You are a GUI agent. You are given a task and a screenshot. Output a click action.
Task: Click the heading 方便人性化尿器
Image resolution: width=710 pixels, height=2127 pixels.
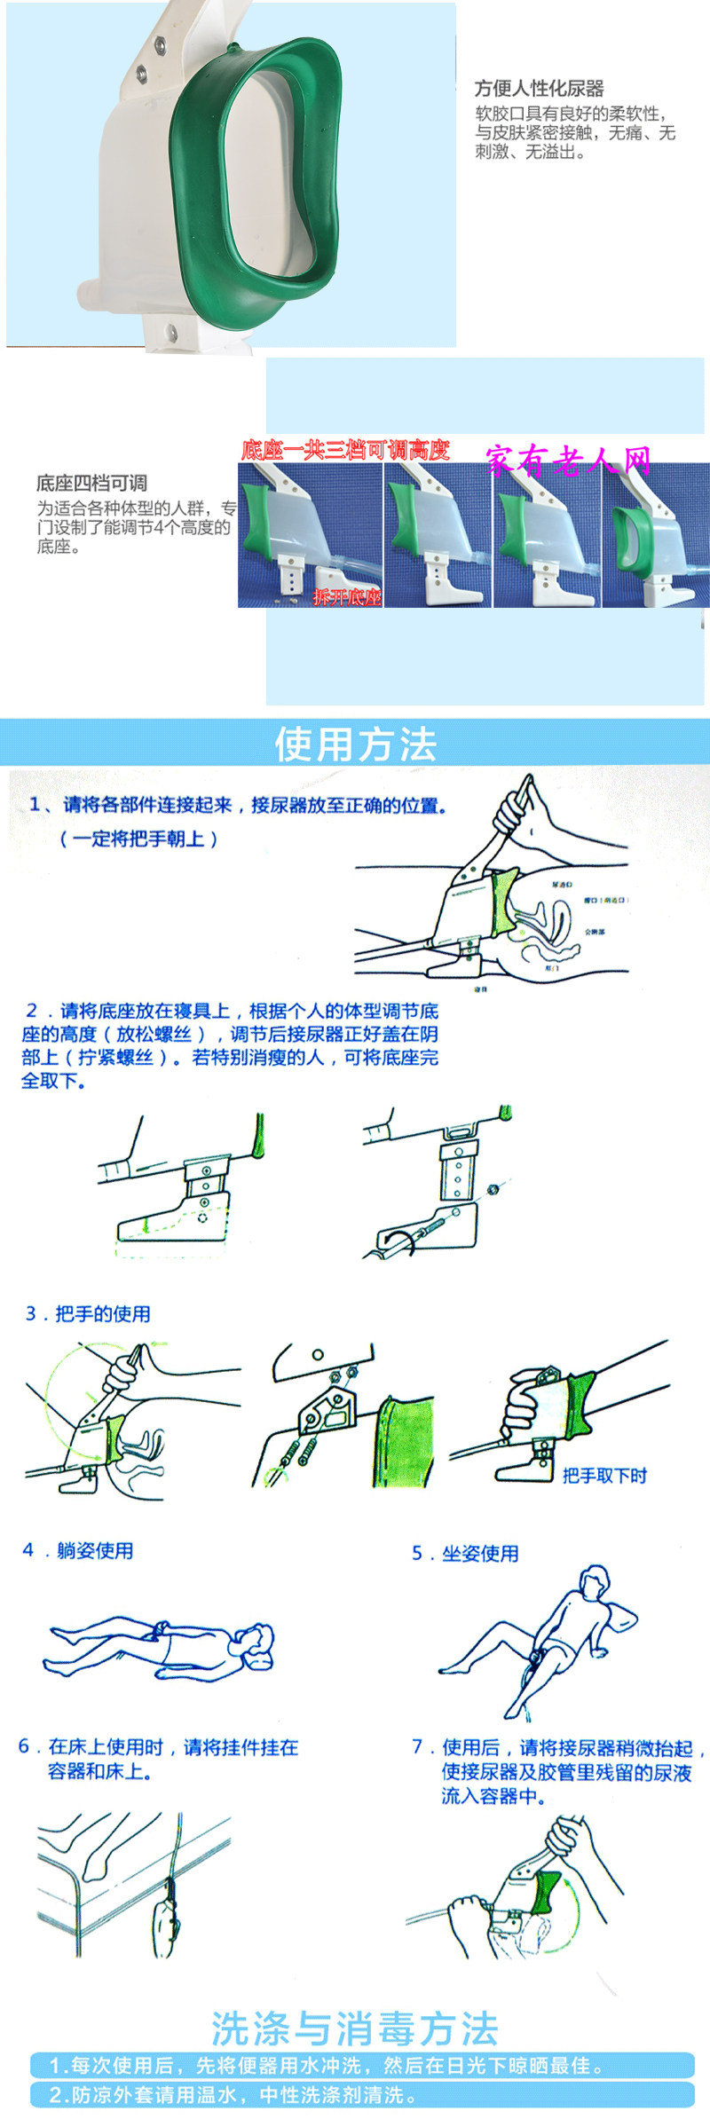point(539,88)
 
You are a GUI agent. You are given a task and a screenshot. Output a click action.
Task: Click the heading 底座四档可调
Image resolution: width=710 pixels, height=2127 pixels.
point(91,483)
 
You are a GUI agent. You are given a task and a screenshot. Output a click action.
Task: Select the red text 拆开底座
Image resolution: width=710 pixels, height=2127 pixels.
point(347,597)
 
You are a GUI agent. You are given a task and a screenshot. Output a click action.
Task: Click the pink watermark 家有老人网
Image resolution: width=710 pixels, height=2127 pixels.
point(568,461)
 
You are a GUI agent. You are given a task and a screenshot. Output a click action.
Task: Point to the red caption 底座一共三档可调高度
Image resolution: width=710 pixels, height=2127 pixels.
point(345,450)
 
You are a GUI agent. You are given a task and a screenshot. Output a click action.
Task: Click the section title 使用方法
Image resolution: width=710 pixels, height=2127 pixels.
point(355,744)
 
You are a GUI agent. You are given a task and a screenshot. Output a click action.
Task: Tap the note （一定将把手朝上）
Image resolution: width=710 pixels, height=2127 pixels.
point(138,839)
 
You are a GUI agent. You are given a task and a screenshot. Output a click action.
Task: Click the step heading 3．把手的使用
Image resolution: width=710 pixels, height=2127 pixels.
point(88,1313)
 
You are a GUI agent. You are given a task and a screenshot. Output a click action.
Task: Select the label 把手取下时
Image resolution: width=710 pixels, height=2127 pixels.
point(604,1475)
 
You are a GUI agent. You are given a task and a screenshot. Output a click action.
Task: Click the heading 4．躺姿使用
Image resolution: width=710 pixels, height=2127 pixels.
point(78,1550)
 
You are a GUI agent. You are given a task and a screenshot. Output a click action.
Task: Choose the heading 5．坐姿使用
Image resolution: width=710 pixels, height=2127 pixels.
point(465,1553)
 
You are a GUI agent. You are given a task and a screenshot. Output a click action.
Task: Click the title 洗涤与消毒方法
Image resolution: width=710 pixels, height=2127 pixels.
point(355,2029)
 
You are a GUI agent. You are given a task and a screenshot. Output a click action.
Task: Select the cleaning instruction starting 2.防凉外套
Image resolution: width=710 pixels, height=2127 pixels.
point(233,2095)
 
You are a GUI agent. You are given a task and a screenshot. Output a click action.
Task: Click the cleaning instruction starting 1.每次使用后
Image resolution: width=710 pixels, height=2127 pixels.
point(326,2065)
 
